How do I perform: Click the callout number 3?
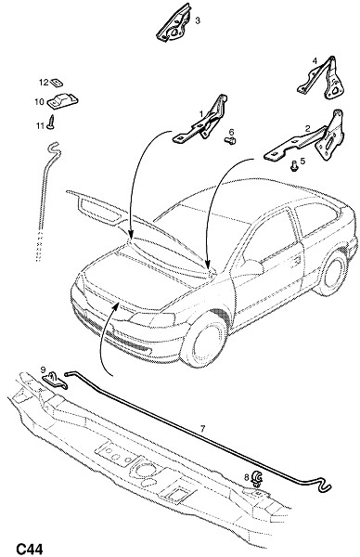198,20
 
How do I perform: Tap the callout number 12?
44,83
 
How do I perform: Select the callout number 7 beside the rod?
202,429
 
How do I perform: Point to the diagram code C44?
30,549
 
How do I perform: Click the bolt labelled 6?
230,141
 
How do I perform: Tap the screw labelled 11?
52,123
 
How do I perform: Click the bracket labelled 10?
62,100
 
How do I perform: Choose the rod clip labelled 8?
257,479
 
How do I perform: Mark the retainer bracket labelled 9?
56,380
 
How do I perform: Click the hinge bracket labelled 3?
174,22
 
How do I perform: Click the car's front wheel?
204,340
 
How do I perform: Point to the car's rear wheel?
331,272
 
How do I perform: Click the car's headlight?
153,319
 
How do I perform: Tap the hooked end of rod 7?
324,485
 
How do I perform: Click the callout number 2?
308,128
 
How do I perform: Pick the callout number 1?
201,114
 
